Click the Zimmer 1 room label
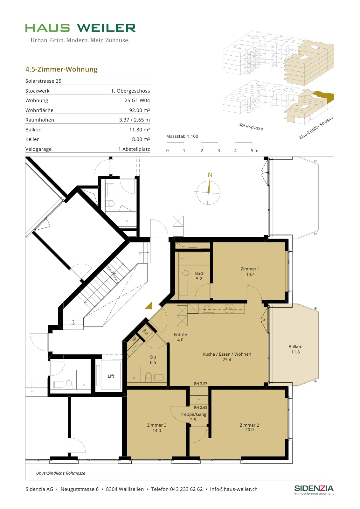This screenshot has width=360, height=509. click(250, 269)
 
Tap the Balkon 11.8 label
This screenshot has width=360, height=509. click(295, 349)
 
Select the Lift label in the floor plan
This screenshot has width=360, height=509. click(111, 376)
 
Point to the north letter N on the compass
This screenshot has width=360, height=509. click(210, 175)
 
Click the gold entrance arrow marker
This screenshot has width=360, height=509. click(149, 306)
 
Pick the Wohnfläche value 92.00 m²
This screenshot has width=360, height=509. click(140, 110)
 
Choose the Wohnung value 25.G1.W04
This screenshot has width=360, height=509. click(137, 101)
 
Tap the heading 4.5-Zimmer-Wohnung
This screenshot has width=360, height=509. click(61, 69)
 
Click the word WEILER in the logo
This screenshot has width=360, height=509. click(106, 28)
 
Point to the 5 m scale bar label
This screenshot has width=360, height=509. click(254, 150)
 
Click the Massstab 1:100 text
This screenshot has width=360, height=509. click(182, 136)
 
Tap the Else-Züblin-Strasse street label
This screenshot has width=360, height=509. click(316, 128)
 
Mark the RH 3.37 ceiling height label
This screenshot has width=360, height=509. click(201, 384)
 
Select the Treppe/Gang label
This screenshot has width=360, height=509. click(193, 414)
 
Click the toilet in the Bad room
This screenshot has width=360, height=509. click(185, 273)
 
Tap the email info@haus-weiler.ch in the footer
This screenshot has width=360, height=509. click(234, 489)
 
